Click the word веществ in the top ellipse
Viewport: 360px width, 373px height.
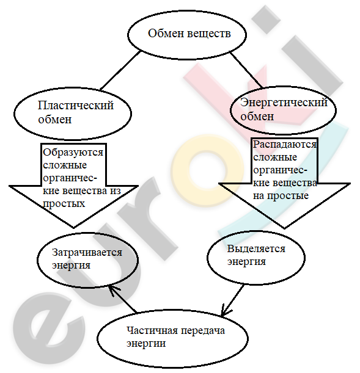click(209, 34)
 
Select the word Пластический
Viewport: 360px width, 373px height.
click(76, 105)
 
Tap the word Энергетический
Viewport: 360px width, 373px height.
click(284, 103)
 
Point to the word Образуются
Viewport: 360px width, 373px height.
click(73, 153)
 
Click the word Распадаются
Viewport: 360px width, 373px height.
click(285, 145)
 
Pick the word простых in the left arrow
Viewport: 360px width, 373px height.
click(64, 204)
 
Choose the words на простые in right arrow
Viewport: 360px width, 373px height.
click(281, 196)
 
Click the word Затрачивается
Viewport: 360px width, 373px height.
click(87, 253)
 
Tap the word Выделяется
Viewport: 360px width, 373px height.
click(256, 249)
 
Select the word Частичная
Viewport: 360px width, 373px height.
click(152, 331)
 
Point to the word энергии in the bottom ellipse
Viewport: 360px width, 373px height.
click(146, 344)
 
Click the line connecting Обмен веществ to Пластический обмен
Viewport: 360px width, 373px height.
click(120, 71)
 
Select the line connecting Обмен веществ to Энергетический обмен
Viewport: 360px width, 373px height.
click(246, 70)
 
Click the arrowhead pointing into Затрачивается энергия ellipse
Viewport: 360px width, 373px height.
click(112, 290)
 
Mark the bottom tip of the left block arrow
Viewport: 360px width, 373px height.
click(74, 228)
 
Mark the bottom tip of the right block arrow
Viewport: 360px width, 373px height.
click(285, 228)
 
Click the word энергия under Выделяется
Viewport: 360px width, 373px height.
click(246, 262)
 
